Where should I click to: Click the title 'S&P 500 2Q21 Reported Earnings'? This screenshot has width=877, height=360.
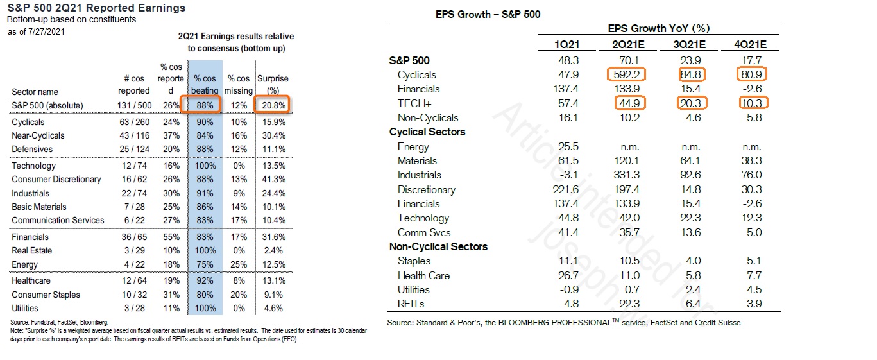(96, 8)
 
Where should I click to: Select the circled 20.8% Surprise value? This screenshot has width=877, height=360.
(272, 105)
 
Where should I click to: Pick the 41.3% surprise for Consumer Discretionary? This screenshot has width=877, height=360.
(273, 179)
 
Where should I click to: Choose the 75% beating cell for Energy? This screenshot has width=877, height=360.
(205, 264)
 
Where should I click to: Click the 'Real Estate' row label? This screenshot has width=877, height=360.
(31, 250)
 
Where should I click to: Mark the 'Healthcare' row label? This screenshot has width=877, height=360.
(31, 280)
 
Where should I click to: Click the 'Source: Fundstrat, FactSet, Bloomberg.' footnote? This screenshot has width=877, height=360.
(60, 321)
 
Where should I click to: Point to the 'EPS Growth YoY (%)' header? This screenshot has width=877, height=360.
(658, 28)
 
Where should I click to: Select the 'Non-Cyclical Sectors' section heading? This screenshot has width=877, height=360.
(438, 246)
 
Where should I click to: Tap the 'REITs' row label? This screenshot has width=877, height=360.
(411, 304)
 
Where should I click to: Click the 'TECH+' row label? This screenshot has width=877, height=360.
(413, 103)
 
